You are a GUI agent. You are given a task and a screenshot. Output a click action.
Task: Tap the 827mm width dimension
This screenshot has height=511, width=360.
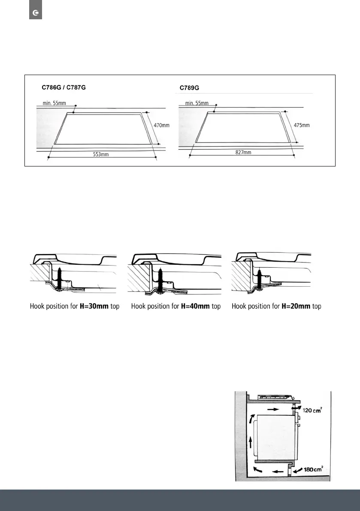[242, 152]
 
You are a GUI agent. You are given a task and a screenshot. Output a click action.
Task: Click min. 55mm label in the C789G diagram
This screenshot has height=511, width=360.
[197, 103]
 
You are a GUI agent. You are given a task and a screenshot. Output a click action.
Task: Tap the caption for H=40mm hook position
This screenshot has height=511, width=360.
[176, 306]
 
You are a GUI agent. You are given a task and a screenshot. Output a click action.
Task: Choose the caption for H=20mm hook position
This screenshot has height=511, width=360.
[276, 306]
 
